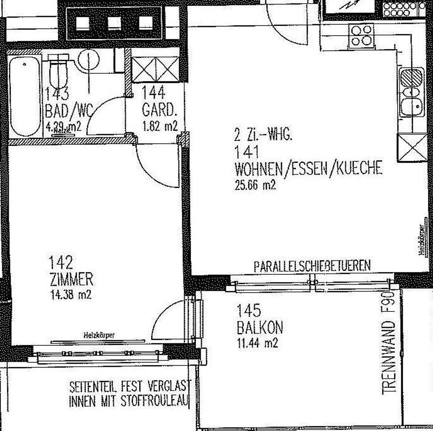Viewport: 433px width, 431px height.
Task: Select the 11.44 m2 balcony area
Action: [x=257, y=342]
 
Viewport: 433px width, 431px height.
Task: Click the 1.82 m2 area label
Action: [x=160, y=126]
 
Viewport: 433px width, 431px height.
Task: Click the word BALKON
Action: [x=260, y=327]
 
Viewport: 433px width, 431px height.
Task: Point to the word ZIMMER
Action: [x=72, y=279]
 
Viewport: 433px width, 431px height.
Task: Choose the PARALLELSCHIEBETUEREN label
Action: [x=312, y=266]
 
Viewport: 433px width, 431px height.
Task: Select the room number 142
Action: [x=61, y=262]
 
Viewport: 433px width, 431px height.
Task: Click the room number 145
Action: [x=249, y=311]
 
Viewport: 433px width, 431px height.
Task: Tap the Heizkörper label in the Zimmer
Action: [x=99, y=335]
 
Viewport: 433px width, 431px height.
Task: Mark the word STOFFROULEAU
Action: [x=155, y=401]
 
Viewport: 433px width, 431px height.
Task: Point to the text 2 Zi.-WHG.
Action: [x=263, y=135]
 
